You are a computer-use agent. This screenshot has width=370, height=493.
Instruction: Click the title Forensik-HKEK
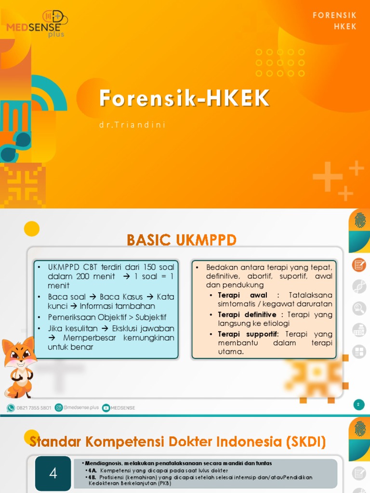pos(185,98)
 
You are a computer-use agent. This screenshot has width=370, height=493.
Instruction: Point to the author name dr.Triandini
pos(132,125)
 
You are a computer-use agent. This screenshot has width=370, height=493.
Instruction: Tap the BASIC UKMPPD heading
pos(181,239)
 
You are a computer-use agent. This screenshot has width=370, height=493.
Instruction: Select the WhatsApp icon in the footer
pos(11,408)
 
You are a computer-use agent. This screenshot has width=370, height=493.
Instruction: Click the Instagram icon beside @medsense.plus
pos(59,408)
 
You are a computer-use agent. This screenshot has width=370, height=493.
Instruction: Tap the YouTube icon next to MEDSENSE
pos(106,408)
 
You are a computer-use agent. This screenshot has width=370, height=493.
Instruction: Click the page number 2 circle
pos(358,405)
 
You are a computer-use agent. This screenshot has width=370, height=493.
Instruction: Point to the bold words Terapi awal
pos(242,295)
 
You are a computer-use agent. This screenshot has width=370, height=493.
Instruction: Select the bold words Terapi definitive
pos(247,314)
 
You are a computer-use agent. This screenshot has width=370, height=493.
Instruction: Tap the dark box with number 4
pos(53,473)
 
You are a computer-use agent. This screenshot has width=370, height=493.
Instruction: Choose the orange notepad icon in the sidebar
pos(358,265)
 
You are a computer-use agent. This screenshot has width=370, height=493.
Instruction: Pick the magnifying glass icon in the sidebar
pos(358,308)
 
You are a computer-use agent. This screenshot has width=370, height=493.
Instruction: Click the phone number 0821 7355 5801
pos(33,408)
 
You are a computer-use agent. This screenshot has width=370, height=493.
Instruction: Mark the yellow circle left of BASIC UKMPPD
pos(32,228)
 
